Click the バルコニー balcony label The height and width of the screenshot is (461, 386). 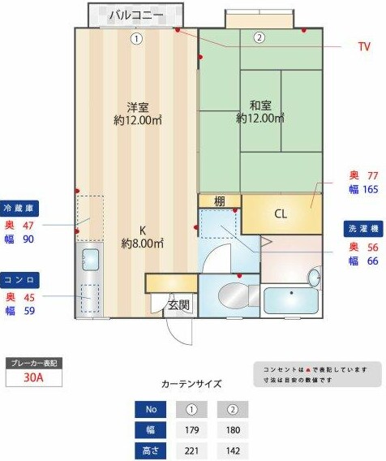(x=135, y=15)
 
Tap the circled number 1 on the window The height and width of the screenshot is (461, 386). (x=137, y=37)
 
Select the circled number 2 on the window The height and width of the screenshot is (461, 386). (x=259, y=37)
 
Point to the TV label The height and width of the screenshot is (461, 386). (x=364, y=46)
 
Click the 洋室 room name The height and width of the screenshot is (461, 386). (x=136, y=106)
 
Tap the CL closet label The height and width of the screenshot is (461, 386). (x=281, y=214)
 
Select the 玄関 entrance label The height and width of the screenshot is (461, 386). (x=179, y=305)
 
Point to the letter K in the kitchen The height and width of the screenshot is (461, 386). (x=142, y=229)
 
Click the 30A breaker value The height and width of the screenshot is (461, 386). (x=33, y=377)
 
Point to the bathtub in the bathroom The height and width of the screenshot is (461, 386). (x=293, y=300)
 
